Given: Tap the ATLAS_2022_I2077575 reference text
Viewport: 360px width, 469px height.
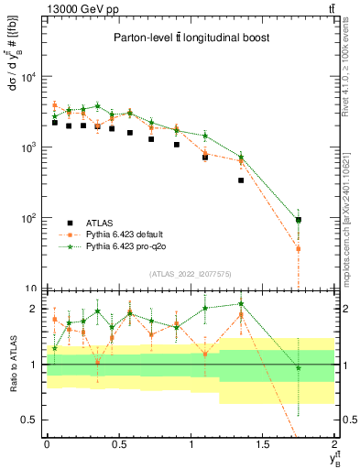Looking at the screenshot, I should [x=189, y=273].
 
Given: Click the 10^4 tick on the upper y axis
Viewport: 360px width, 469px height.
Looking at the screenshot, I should [x=30, y=77].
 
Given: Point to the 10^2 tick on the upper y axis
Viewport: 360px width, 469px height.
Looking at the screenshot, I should [x=30, y=218].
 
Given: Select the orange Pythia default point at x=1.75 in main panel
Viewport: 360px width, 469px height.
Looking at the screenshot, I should [x=299, y=248].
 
